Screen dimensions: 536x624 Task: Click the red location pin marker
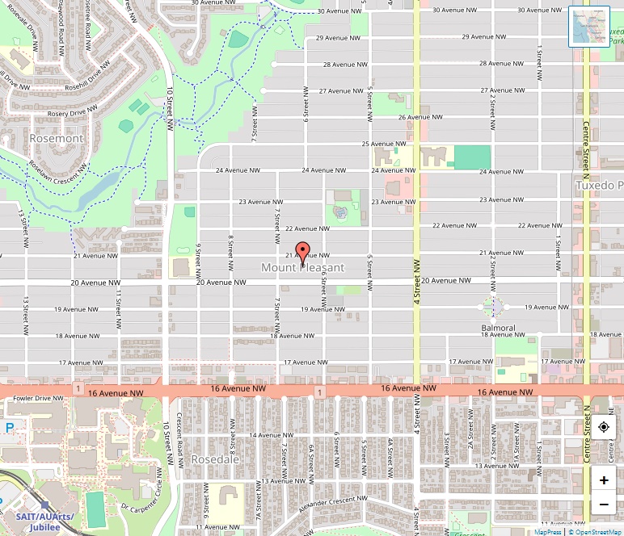point(302,253)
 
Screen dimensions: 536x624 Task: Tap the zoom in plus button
point(604,479)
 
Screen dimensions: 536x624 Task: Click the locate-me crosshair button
point(604,427)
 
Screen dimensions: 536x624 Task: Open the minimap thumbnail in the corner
point(589,27)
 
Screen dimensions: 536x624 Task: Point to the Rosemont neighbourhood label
point(56,138)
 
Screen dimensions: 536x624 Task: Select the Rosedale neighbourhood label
point(215,459)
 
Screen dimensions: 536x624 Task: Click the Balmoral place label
point(499,329)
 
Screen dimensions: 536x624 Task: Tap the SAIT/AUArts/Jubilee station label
point(44,521)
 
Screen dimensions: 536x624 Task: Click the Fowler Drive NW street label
point(33,398)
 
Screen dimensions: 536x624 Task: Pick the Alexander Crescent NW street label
point(333,501)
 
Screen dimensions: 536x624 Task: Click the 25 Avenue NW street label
point(383,144)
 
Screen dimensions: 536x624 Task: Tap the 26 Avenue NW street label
point(420,117)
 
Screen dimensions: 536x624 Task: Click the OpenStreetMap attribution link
point(597,532)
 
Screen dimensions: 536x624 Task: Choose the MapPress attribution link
point(548,532)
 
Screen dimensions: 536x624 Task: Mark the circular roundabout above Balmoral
point(493,308)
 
